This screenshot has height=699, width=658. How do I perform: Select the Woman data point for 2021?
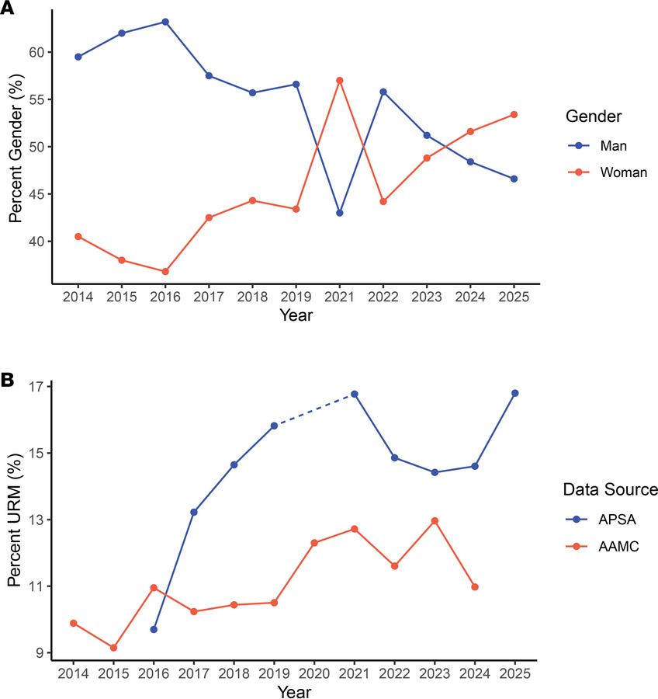point(339,81)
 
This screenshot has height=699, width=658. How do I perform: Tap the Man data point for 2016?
point(165,22)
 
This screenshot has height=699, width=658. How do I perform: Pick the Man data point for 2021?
point(339,213)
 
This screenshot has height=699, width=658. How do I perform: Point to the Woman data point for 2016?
point(165,272)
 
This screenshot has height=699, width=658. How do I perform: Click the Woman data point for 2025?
point(514,115)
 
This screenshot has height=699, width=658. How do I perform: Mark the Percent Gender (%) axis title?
point(16,148)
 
